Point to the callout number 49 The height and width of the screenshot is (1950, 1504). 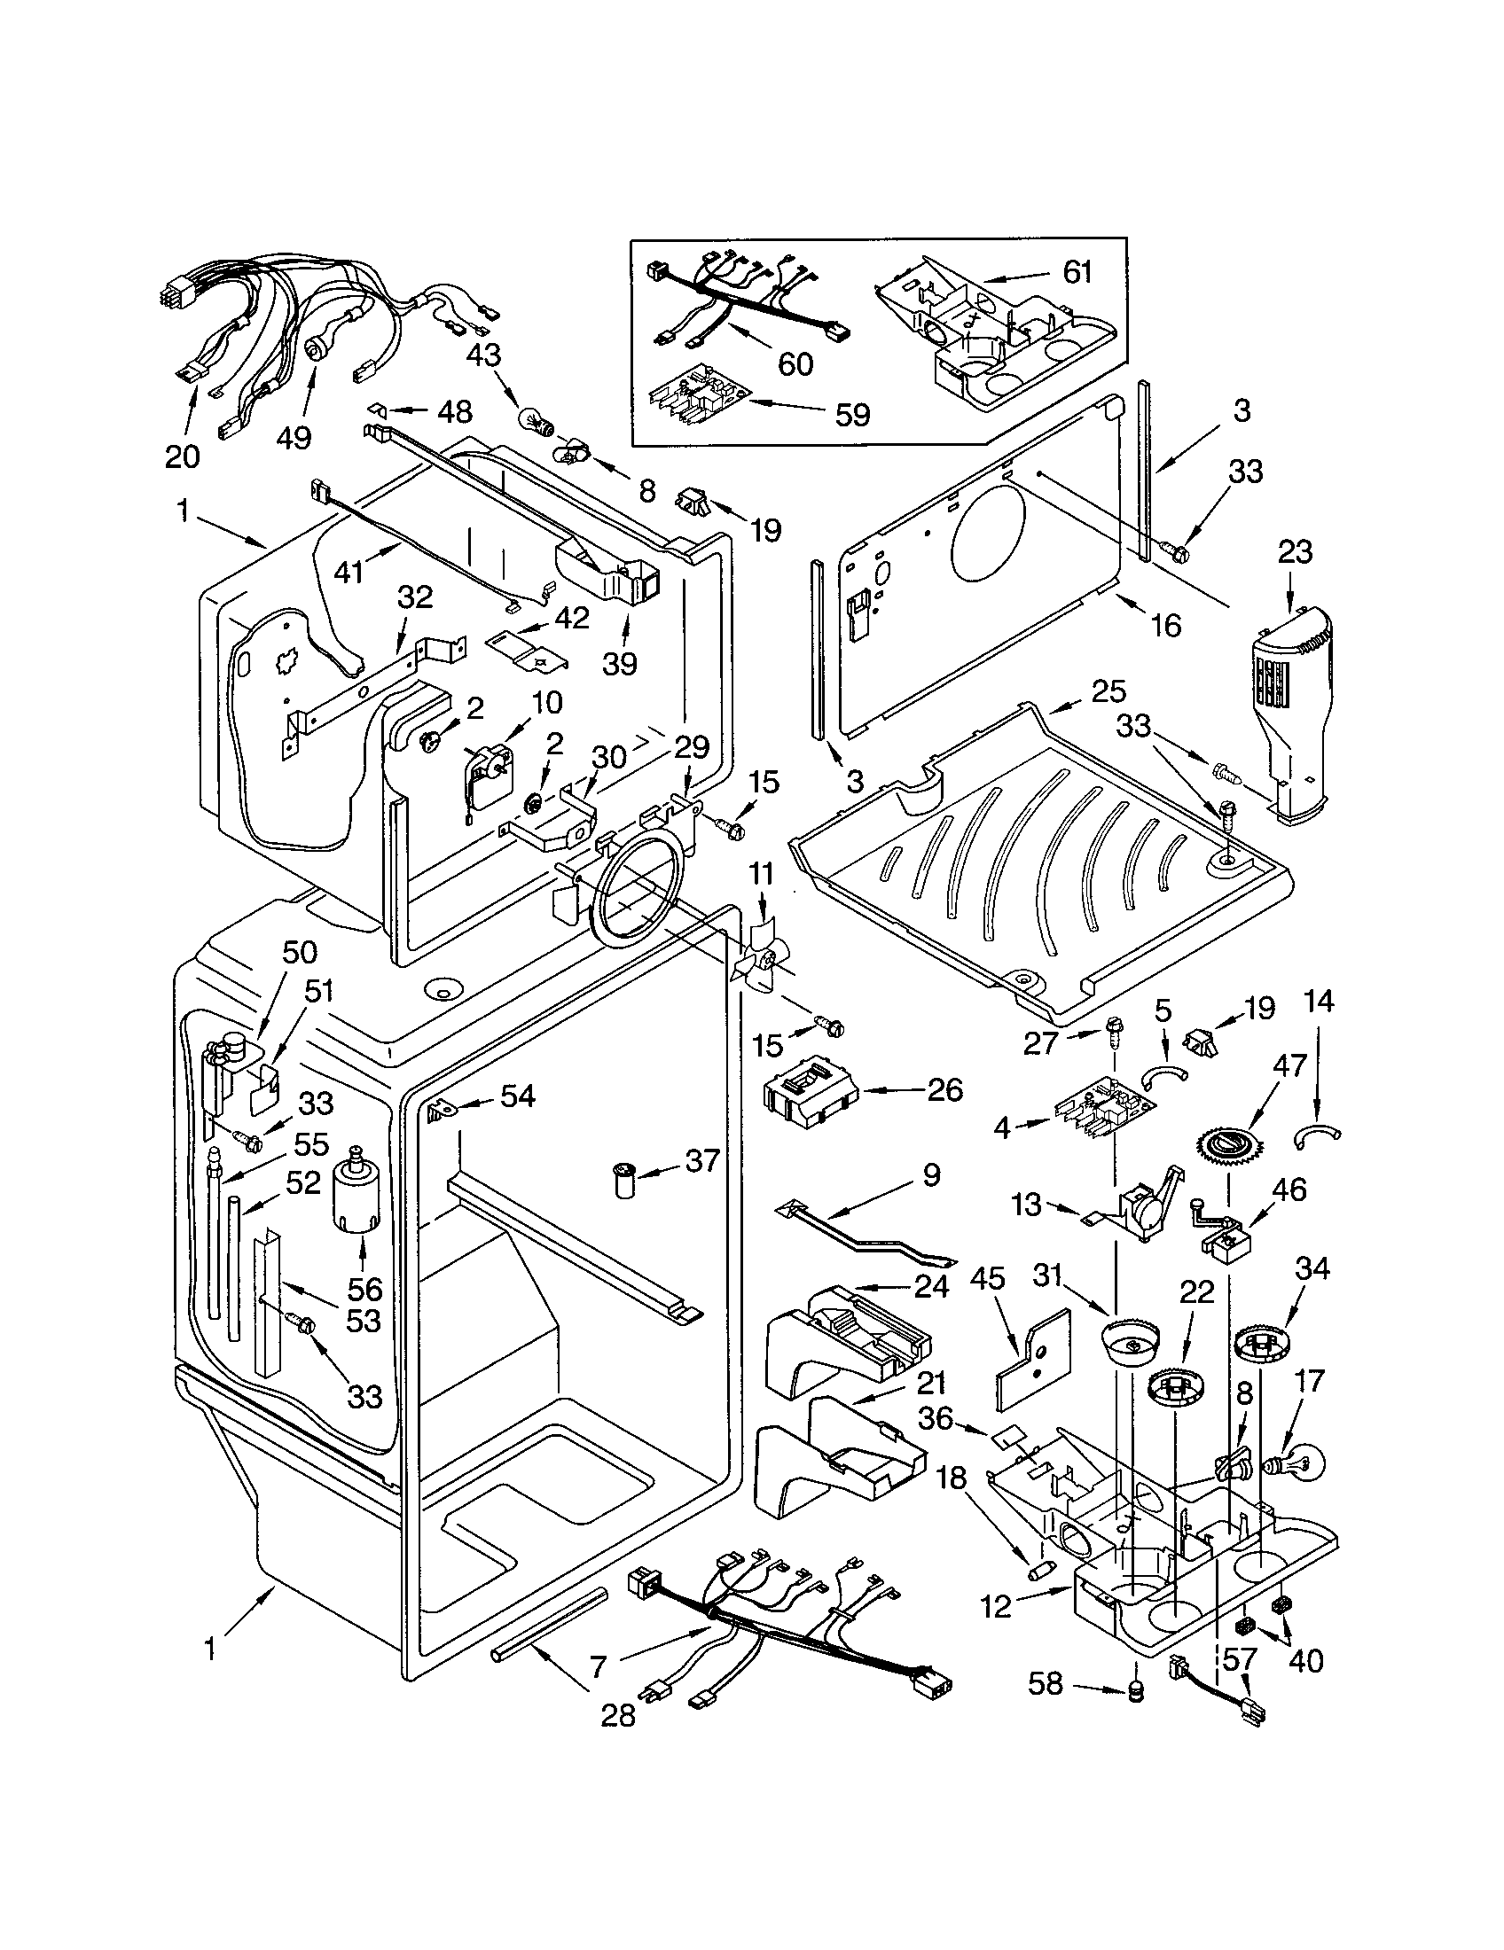click(294, 438)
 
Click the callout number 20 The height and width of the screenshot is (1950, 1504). click(182, 456)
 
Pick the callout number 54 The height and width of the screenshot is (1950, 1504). click(517, 1096)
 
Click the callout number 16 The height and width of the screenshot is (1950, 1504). click(1165, 625)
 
